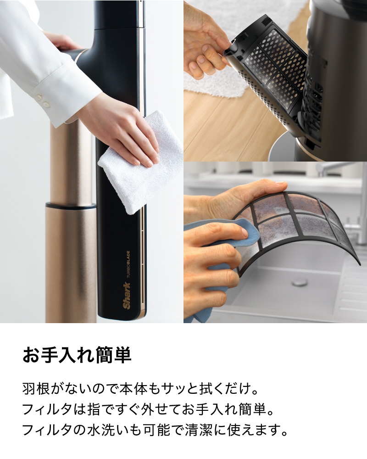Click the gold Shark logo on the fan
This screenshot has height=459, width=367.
[x=127, y=295]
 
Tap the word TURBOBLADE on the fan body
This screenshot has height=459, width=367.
[x=128, y=263]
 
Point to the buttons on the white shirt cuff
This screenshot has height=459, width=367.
[x=43, y=100]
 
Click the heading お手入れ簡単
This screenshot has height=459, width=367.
[x=77, y=355]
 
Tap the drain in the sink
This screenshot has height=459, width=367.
[x=300, y=282]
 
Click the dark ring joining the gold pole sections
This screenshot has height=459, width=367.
[x=71, y=206]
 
